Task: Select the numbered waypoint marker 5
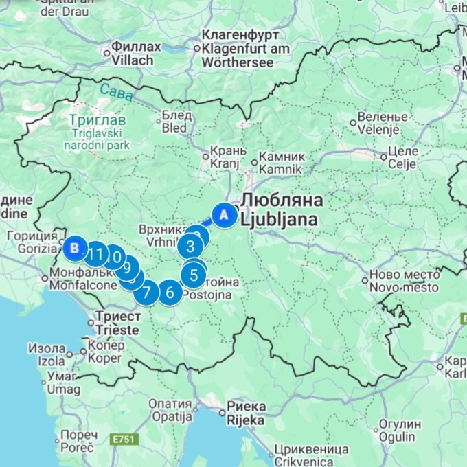(x=194, y=275)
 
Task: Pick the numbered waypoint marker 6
(x=170, y=293)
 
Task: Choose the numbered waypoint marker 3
(x=190, y=245)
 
